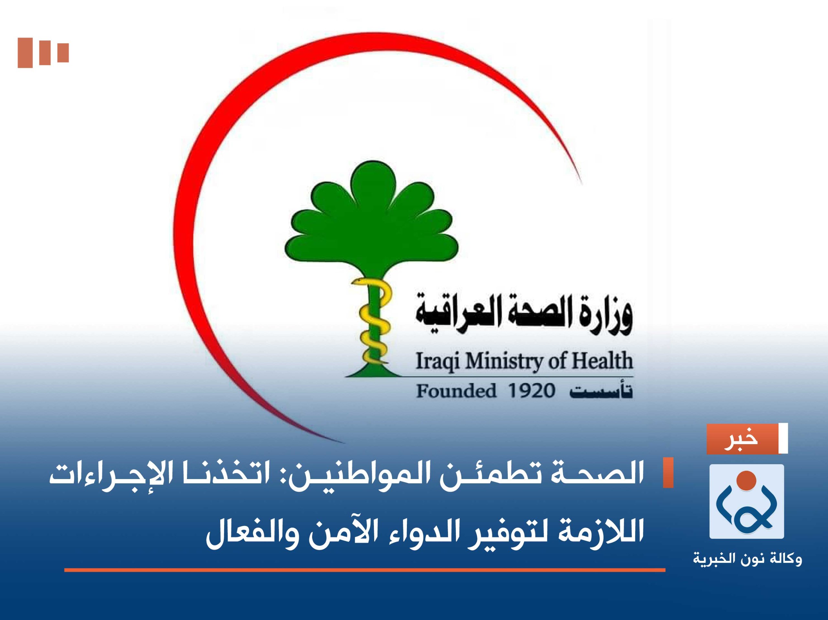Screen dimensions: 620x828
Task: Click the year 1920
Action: [x=531, y=391]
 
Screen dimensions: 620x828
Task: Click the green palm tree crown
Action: [x=371, y=217]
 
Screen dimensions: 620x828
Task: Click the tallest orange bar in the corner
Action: [x=25, y=53]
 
